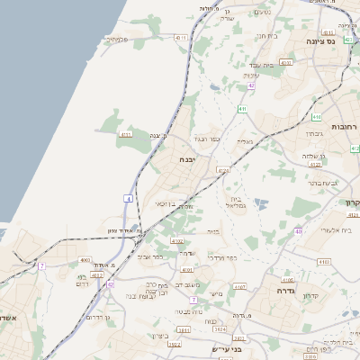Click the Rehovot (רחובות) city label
pyautogui.click(x=344, y=127)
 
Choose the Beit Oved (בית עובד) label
pyautogui.click(x=260, y=65)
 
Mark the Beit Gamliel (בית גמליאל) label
pyautogui.click(x=236, y=202)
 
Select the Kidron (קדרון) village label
pyautogui.click(x=311, y=296)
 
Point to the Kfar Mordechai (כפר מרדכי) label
pyautogui.click(x=221, y=257)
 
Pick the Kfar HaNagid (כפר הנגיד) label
pyautogui.click(x=206, y=140)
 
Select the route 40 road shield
pyautogui.click(x=297, y=232)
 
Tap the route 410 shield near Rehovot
pyautogui.click(x=316, y=117)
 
